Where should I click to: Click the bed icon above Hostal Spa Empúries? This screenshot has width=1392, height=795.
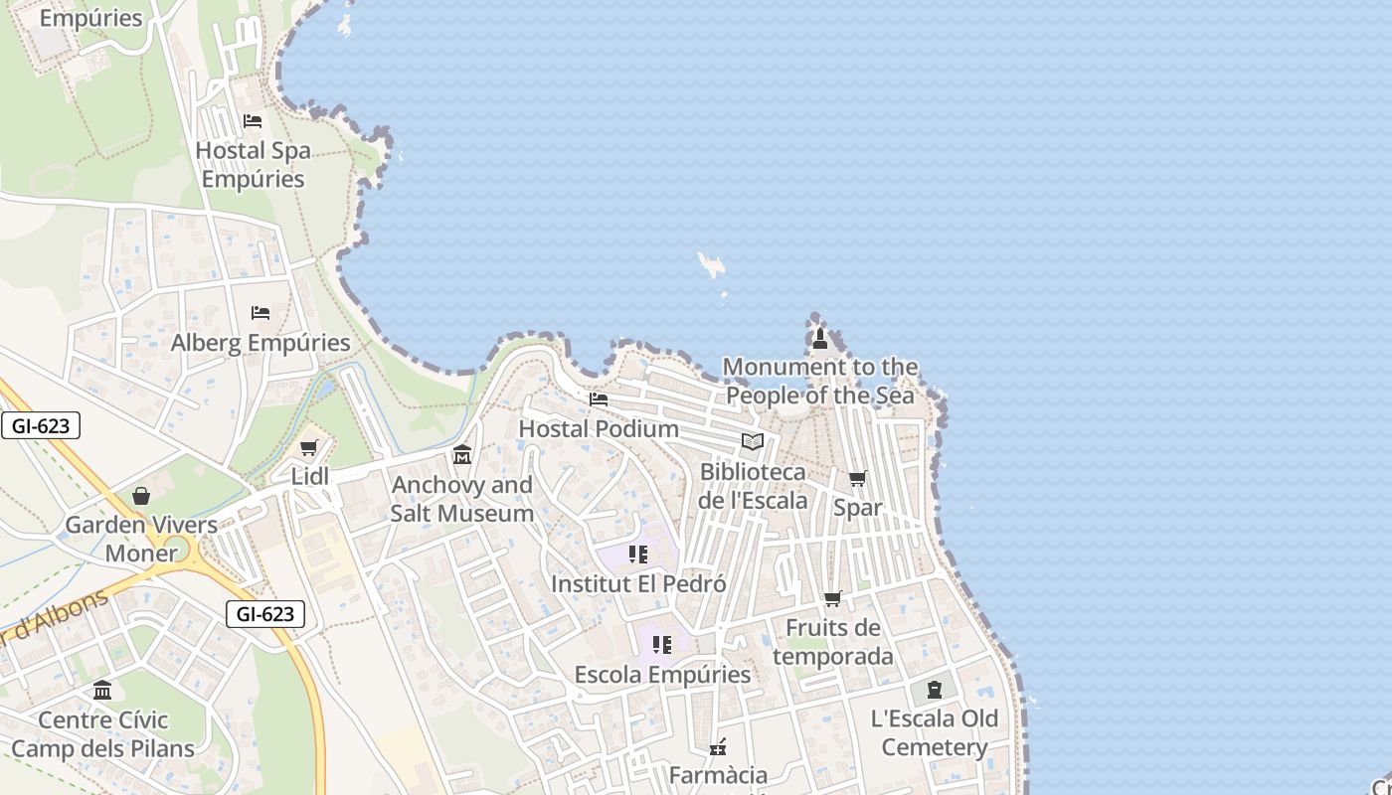point(253,121)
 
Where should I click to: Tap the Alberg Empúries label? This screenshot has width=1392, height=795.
point(261,343)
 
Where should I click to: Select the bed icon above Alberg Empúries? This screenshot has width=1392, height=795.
point(261,312)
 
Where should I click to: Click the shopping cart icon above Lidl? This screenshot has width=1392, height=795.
point(308,448)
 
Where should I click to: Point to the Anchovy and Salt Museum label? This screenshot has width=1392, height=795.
point(462,499)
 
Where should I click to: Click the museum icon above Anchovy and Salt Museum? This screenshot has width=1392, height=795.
point(462,455)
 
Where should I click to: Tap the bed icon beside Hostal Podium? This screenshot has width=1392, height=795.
point(599,399)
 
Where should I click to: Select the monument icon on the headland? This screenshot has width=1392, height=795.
point(819,340)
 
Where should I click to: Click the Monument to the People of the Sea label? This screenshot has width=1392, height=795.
point(820,381)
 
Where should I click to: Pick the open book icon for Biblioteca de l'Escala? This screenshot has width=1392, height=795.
point(753,441)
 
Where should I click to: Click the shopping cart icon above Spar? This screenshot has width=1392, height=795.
point(857,478)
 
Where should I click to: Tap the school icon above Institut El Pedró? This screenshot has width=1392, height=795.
point(638,555)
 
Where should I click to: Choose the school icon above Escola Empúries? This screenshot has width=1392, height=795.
point(662,645)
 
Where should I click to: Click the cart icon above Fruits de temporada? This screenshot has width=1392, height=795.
point(833,598)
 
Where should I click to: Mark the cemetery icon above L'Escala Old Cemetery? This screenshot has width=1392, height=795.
point(935,690)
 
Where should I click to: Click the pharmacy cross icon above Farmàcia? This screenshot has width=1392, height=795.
point(718,746)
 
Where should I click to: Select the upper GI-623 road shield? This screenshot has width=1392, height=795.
point(41,426)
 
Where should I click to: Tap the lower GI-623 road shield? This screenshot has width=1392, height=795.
point(264,614)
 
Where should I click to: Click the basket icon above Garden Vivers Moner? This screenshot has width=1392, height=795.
point(141,495)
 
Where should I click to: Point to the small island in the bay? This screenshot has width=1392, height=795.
point(711,264)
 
